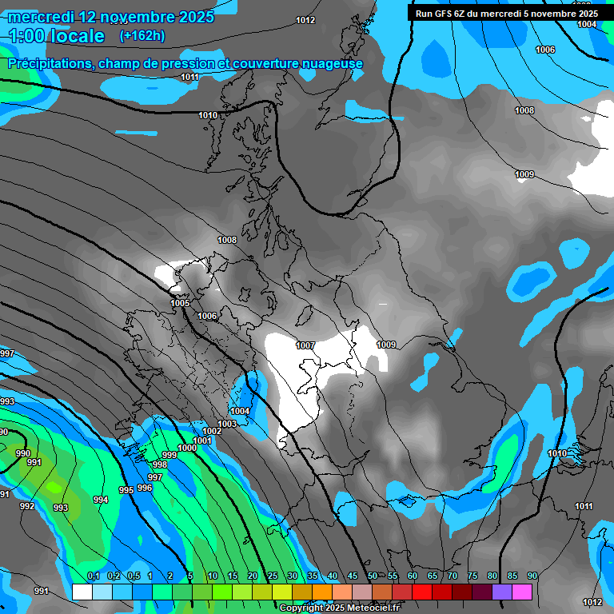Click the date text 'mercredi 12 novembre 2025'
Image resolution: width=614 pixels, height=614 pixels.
[111, 17]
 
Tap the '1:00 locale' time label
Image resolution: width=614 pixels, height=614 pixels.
[57, 36]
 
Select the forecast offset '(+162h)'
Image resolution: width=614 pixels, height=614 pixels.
[142, 36]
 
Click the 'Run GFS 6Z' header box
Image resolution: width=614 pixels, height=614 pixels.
[506, 13]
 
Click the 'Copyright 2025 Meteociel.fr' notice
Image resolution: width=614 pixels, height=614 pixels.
[339, 608]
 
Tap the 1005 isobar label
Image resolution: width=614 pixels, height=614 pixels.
[180, 304]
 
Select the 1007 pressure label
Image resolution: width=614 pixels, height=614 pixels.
[305, 345]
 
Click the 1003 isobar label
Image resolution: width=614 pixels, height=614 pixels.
[227, 424]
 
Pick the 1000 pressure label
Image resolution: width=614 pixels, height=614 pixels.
[187, 449]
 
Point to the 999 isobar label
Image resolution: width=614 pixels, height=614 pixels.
[169, 456]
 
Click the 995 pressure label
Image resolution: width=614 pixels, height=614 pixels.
[126, 490]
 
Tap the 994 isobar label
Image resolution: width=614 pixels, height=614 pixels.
[100, 500]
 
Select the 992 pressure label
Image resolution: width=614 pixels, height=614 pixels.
[27, 506]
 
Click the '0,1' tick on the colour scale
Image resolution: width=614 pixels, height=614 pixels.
[93, 576]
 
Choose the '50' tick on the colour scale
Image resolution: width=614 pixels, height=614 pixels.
[373, 576]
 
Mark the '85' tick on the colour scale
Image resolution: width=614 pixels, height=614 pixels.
[512, 576]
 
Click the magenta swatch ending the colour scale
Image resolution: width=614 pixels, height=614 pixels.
[522, 592]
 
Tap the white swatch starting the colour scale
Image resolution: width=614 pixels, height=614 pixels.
[82, 592]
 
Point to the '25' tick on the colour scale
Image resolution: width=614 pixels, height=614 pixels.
[273, 576]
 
